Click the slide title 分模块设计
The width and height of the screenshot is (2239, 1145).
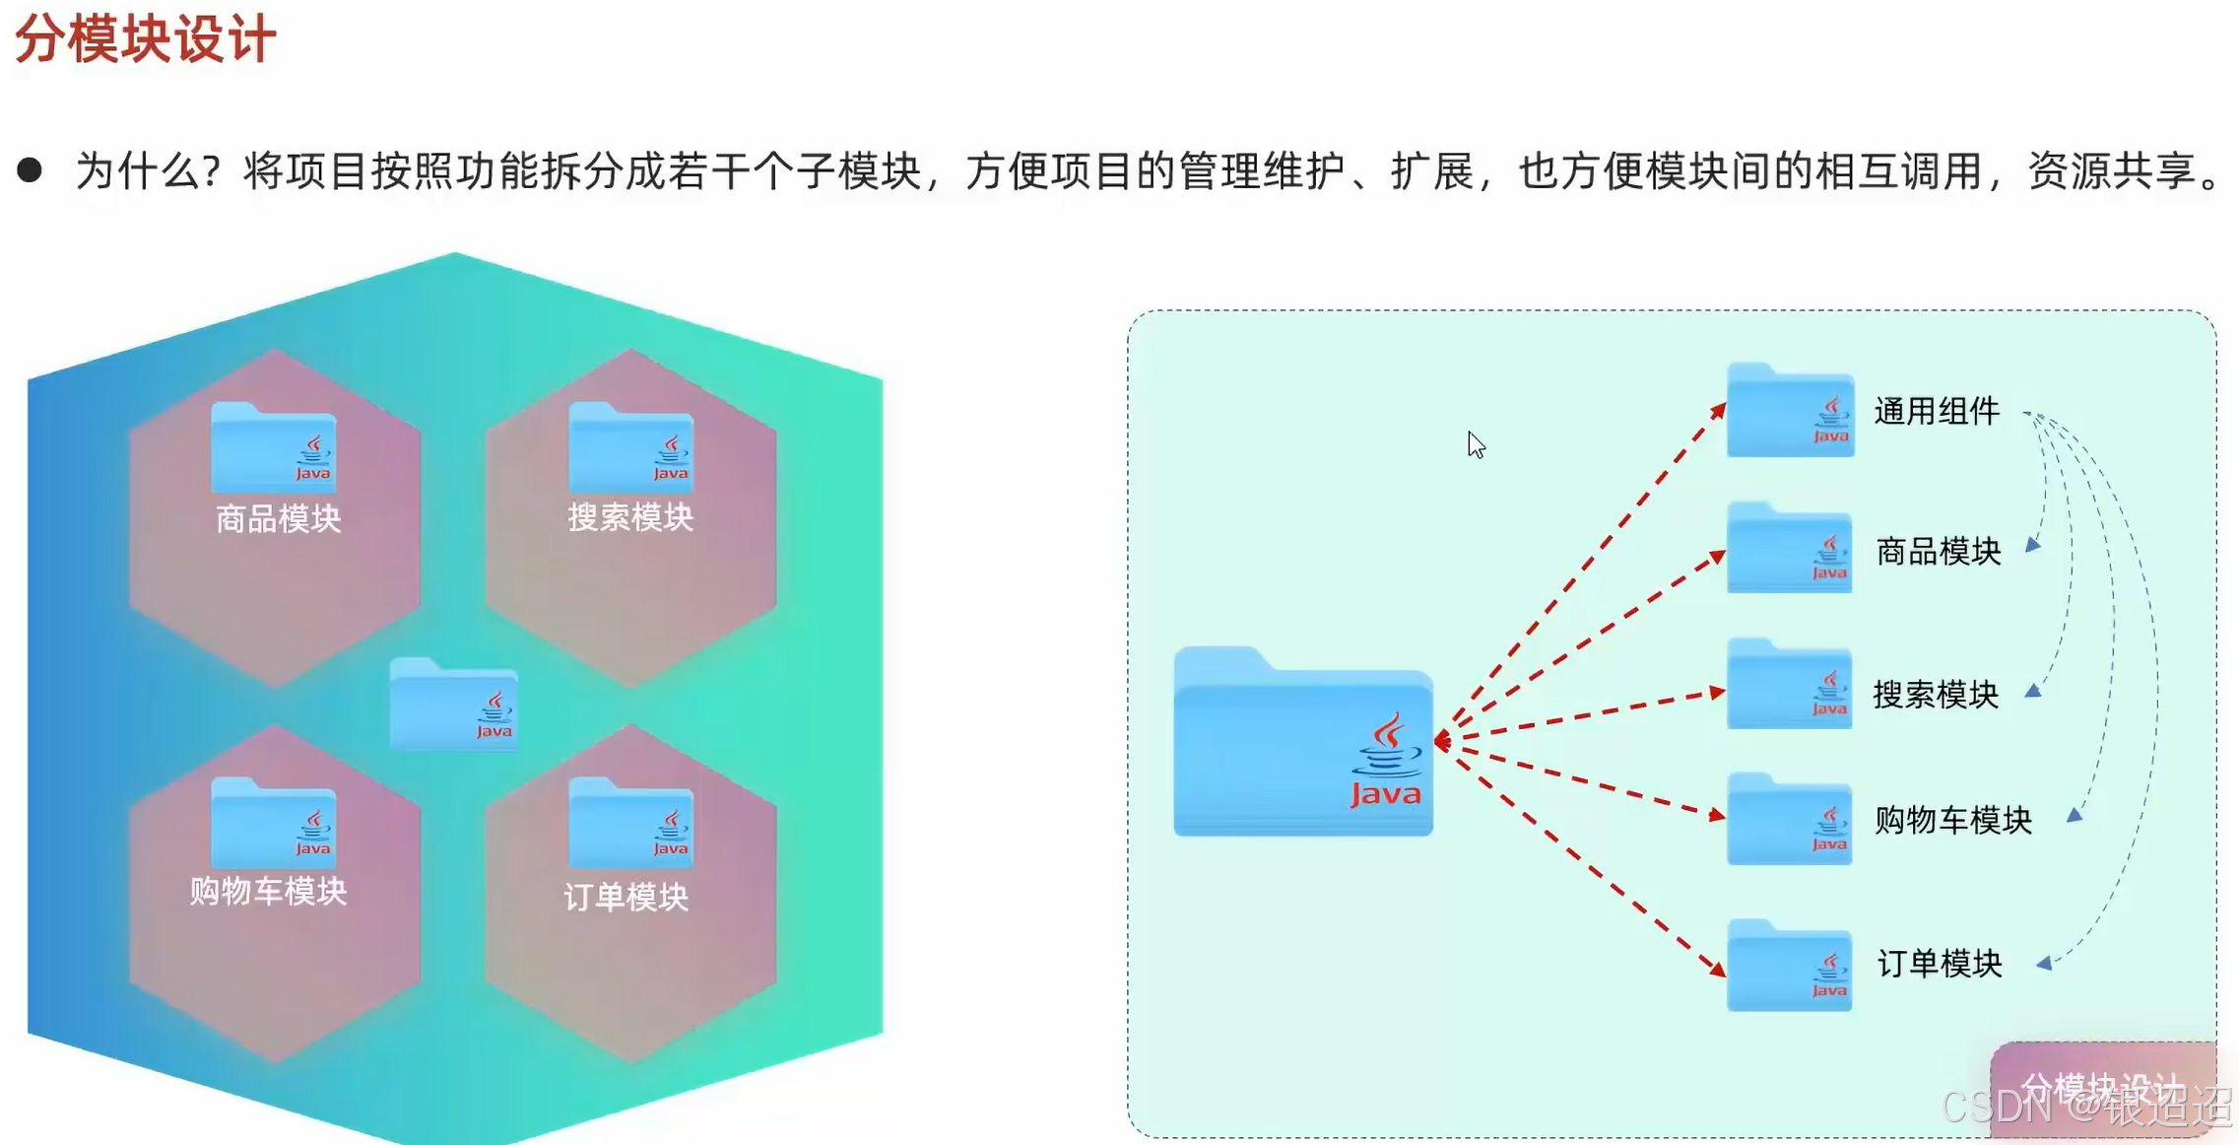coord(146,39)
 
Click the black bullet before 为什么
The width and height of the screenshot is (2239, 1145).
coord(30,170)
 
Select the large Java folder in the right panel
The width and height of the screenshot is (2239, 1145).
coord(1302,743)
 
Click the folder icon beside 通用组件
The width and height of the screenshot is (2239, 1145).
coord(1790,412)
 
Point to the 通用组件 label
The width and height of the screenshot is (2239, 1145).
coord(1936,412)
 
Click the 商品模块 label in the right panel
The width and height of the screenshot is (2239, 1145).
coord(1938,552)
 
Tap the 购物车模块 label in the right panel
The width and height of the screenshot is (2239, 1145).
coord(1952,820)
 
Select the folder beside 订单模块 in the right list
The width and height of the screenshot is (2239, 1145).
coord(1789,968)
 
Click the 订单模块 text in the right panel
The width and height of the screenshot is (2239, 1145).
coord(1939,964)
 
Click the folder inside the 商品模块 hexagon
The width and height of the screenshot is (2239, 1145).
coord(273,449)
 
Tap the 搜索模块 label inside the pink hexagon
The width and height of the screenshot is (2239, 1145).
coord(630,517)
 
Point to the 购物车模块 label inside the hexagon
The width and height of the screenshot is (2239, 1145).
coord(268,892)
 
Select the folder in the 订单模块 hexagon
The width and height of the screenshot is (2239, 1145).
coord(630,825)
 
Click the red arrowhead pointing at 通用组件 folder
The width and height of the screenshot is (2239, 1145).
coord(1718,411)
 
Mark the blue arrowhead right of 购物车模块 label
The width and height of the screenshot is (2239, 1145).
coord(2074,815)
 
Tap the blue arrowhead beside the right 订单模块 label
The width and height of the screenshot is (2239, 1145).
coord(2044,964)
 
